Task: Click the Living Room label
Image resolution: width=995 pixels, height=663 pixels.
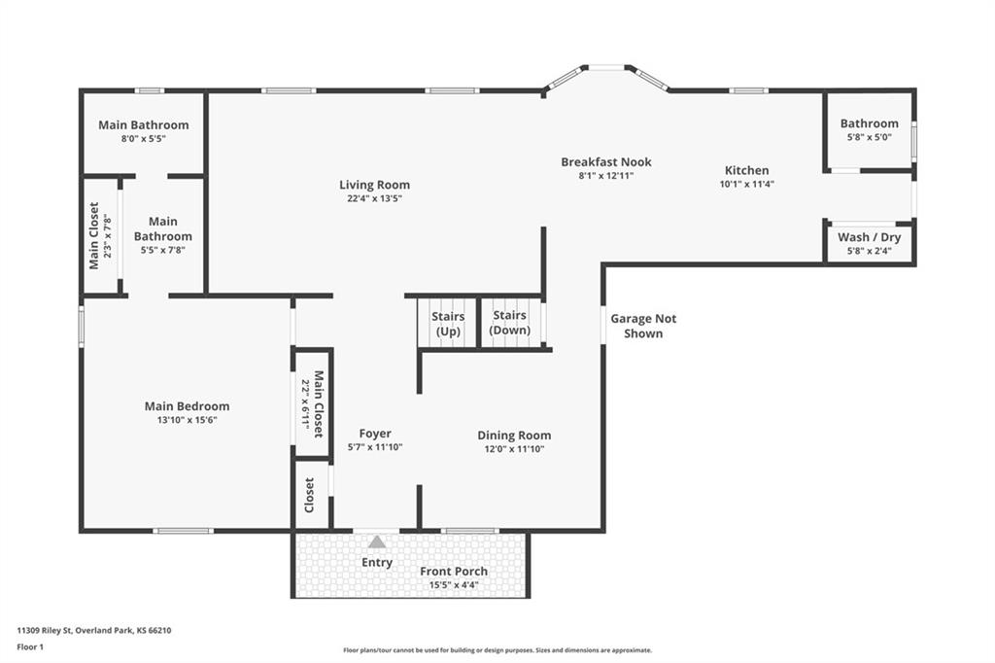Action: click(x=374, y=185)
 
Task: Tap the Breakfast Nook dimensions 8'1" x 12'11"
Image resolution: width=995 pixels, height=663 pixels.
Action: click(x=606, y=176)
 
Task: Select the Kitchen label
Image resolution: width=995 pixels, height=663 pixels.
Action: click(x=747, y=170)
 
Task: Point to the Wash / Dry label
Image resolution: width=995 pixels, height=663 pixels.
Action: click(x=870, y=237)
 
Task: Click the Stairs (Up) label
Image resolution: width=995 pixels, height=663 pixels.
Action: click(x=448, y=324)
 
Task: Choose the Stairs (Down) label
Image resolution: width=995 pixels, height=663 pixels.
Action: click(x=509, y=323)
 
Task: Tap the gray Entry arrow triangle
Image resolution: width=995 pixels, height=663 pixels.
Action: click(x=377, y=541)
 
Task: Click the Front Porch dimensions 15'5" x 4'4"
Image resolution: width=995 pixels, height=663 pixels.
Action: click(x=454, y=585)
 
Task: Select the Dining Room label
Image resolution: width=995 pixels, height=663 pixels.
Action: click(x=514, y=435)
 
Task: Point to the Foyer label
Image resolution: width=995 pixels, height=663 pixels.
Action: click(x=375, y=434)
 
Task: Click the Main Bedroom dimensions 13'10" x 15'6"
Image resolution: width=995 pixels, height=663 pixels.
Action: click(x=188, y=420)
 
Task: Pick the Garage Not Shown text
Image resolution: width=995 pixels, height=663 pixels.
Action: click(x=643, y=326)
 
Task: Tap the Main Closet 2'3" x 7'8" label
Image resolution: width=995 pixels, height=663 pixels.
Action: click(x=100, y=235)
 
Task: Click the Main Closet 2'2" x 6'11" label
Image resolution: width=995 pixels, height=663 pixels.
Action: click(x=312, y=403)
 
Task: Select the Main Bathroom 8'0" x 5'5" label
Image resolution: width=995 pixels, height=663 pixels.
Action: click(x=144, y=131)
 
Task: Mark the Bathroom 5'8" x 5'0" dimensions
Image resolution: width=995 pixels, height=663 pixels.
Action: click(x=870, y=137)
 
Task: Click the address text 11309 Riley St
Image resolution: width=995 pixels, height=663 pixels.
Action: click(x=45, y=631)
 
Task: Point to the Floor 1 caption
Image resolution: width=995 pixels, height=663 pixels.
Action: click(x=30, y=647)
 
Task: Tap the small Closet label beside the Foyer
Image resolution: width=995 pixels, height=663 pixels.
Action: click(x=309, y=496)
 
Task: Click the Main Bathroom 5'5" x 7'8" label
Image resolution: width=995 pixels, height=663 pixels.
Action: click(x=163, y=235)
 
